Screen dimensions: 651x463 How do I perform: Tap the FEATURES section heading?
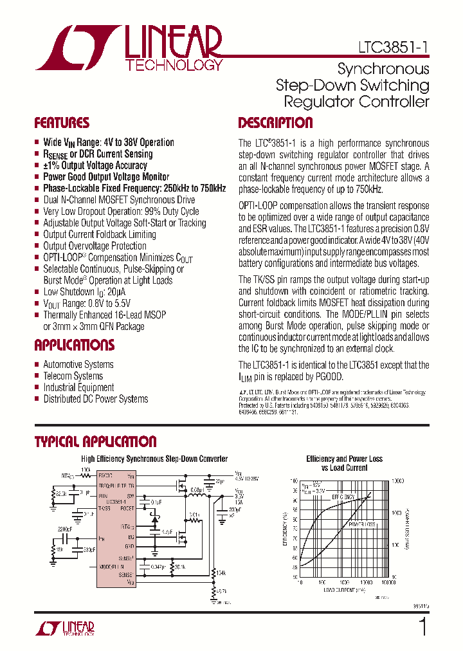pyautogui.click(x=62, y=123)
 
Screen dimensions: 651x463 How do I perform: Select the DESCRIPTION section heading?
pyautogui.click(x=275, y=123)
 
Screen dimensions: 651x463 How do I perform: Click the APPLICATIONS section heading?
pyautogui.click(x=74, y=345)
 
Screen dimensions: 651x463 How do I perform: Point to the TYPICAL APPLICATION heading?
pyautogui.click(x=95, y=441)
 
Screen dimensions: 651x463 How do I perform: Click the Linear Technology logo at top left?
pyautogui.click(x=129, y=48)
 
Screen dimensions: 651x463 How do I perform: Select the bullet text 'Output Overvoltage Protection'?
pyautogui.click(x=95, y=246)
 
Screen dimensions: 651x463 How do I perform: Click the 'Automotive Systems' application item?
pyautogui.click(x=78, y=364)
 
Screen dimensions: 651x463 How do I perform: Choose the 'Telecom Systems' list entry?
pyautogui.click(x=73, y=376)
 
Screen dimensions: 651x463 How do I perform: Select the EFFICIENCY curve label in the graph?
pyautogui.click(x=343, y=497)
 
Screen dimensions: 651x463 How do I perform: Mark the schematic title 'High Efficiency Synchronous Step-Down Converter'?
pyautogui.click(x=154, y=459)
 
